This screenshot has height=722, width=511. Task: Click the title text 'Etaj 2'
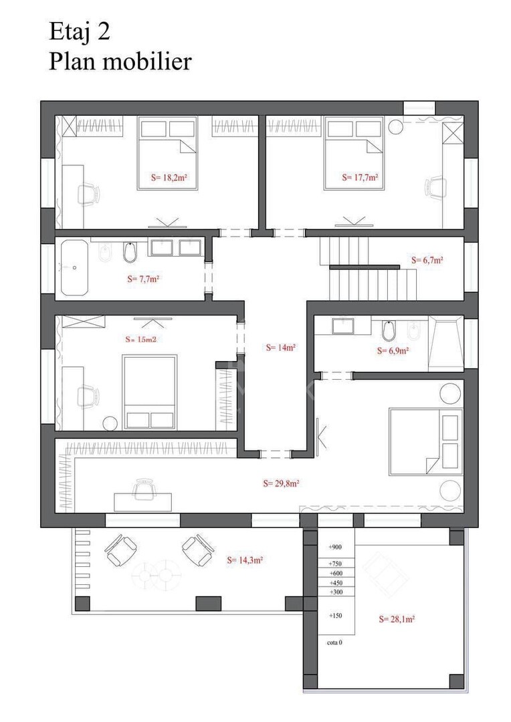pyautogui.click(x=80, y=33)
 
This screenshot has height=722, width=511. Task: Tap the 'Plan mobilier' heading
pyautogui.click(x=120, y=62)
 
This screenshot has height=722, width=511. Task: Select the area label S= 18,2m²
pyautogui.click(x=169, y=177)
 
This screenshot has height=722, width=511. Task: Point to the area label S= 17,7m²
pyautogui.click(x=360, y=177)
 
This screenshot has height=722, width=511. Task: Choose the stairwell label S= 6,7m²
pyautogui.click(x=427, y=260)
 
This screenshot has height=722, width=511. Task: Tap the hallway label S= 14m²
pyautogui.click(x=281, y=348)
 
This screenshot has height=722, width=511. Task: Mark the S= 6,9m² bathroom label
pyautogui.click(x=393, y=351)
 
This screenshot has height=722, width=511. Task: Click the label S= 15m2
pyautogui.click(x=141, y=340)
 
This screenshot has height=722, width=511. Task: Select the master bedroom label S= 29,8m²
pyautogui.click(x=282, y=483)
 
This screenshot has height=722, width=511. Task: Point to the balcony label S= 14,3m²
pyautogui.click(x=245, y=560)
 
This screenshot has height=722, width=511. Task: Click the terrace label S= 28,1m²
pyautogui.click(x=397, y=619)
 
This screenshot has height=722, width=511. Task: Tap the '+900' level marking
pyautogui.click(x=335, y=547)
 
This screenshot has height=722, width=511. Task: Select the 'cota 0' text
pyautogui.click(x=334, y=642)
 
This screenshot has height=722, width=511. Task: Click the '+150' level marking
pyautogui.click(x=336, y=616)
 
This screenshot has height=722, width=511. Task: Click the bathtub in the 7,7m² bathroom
pyautogui.click(x=74, y=267)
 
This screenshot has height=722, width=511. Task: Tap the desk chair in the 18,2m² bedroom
pyautogui.click(x=88, y=195)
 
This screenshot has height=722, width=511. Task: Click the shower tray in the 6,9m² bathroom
pyautogui.click(x=445, y=343)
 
